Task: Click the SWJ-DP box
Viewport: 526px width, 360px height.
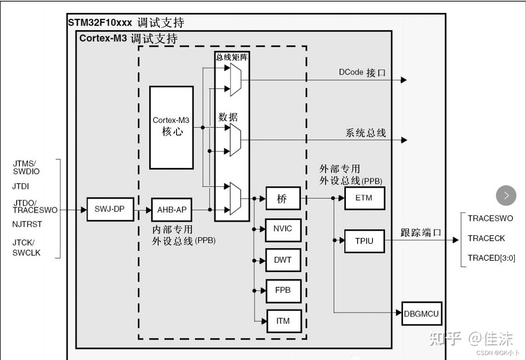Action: [x=109, y=210]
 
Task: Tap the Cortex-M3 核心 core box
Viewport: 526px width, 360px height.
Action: [x=172, y=127]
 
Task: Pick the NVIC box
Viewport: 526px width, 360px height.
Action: [x=283, y=229]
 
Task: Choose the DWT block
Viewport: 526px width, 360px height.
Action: [x=283, y=260]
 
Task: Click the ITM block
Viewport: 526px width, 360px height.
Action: [x=283, y=321]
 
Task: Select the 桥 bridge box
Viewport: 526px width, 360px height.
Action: [x=283, y=198]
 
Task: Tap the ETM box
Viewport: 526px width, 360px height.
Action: [x=364, y=198]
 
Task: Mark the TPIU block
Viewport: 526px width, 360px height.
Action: [x=364, y=241]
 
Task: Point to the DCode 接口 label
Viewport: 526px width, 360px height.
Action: [x=362, y=73]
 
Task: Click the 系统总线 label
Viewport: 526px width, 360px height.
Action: [x=366, y=133]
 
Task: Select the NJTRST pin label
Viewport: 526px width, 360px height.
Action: [x=27, y=224]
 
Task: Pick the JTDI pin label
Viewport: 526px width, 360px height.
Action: [x=21, y=186]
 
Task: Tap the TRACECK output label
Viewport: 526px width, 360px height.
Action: [x=486, y=238]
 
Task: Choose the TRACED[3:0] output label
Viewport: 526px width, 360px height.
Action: [x=491, y=258]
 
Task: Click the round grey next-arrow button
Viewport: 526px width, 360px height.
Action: [x=506, y=196]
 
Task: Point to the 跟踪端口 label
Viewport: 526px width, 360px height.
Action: [x=421, y=233]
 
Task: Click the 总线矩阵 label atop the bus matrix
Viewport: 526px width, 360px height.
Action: [x=231, y=57]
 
